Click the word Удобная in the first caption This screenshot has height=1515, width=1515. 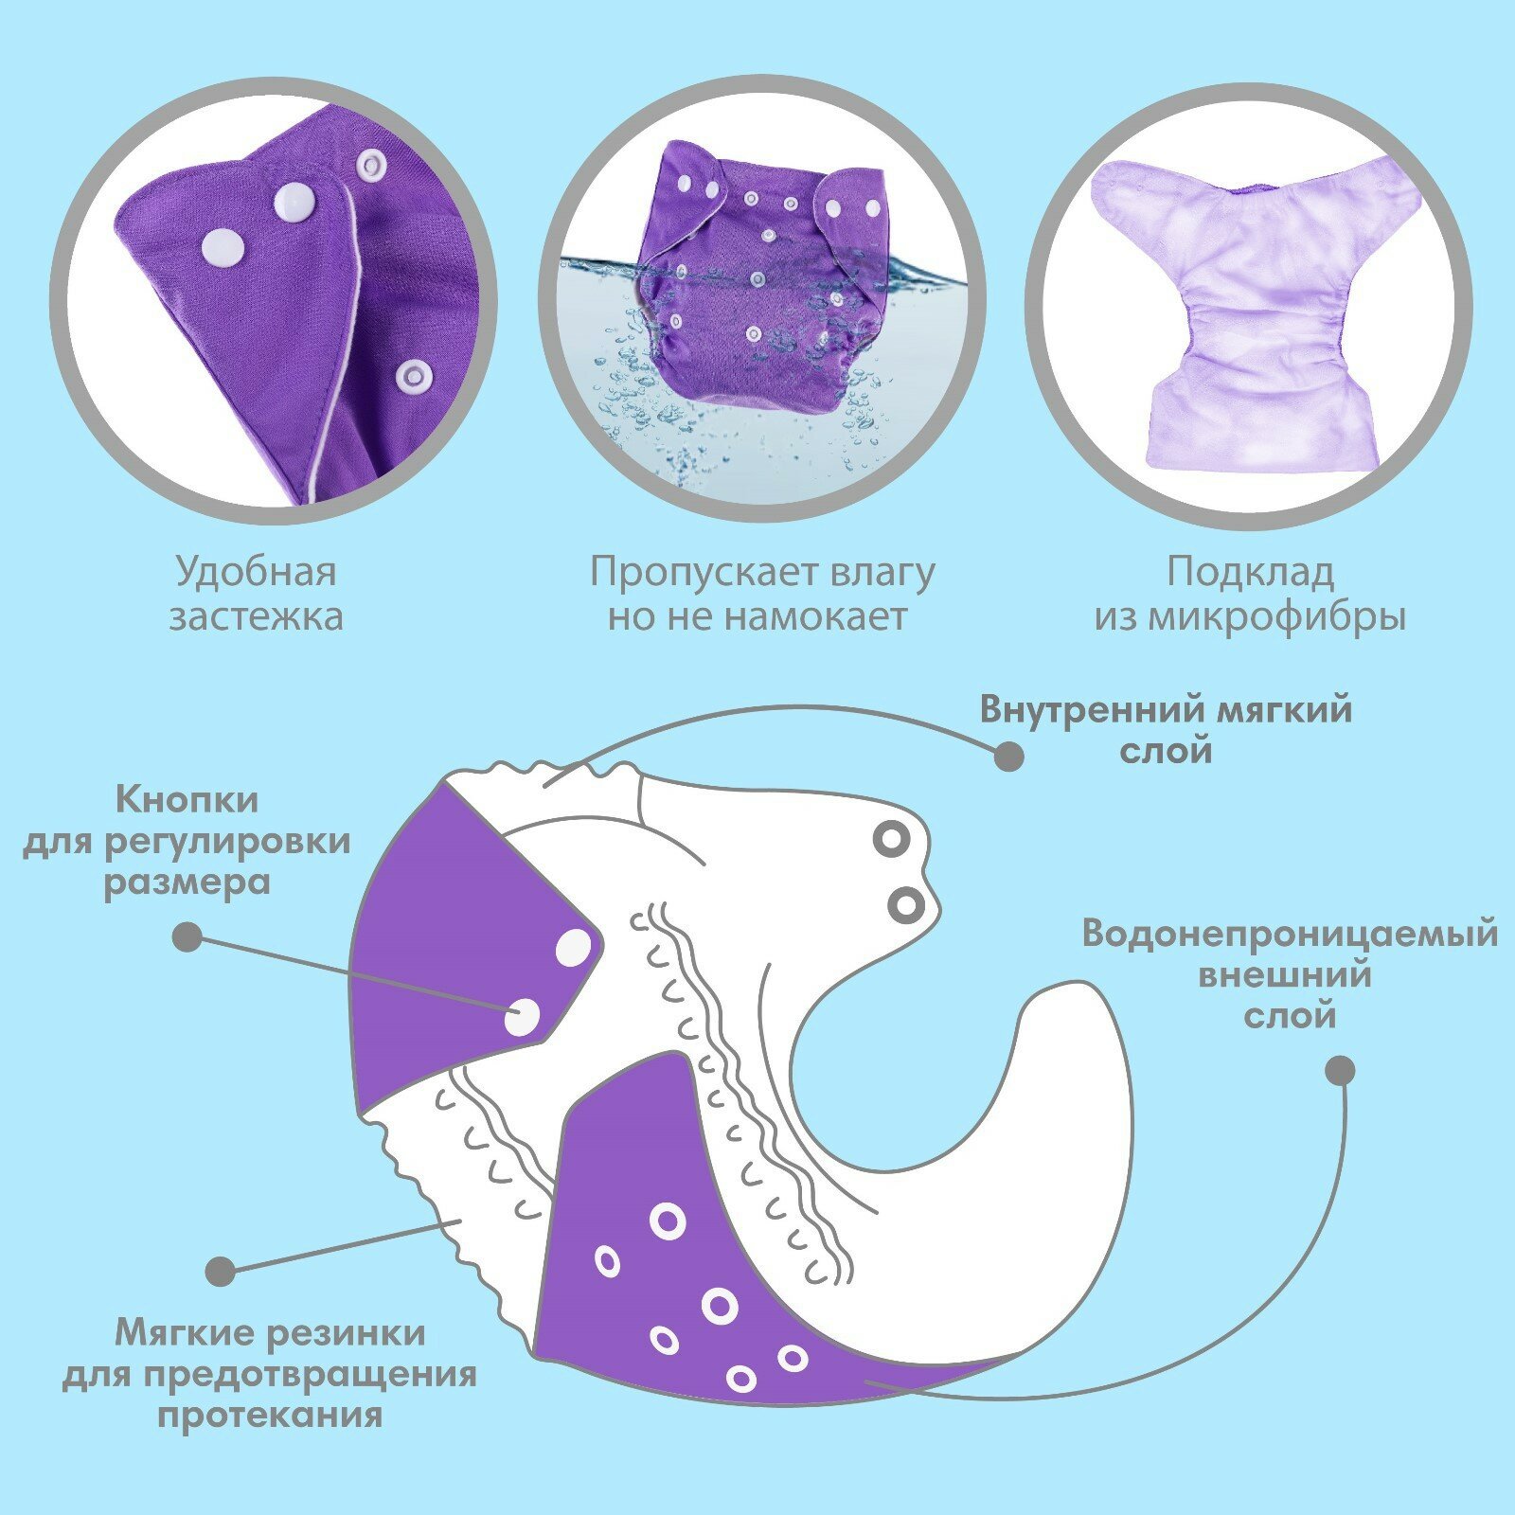click(x=256, y=573)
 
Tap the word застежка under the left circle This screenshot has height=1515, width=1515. click(x=256, y=617)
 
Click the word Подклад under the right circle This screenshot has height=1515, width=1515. click(x=1250, y=573)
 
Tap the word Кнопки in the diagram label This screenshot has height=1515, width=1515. click(x=187, y=800)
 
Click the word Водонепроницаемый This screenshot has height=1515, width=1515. click(x=1290, y=934)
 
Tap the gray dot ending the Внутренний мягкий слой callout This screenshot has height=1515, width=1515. click(x=1008, y=756)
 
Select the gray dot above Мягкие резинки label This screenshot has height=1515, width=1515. click(x=221, y=1271)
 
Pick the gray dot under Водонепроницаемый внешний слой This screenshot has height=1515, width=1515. click(x=1339, y=1071)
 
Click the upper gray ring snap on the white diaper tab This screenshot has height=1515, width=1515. click(x=891, y=839)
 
